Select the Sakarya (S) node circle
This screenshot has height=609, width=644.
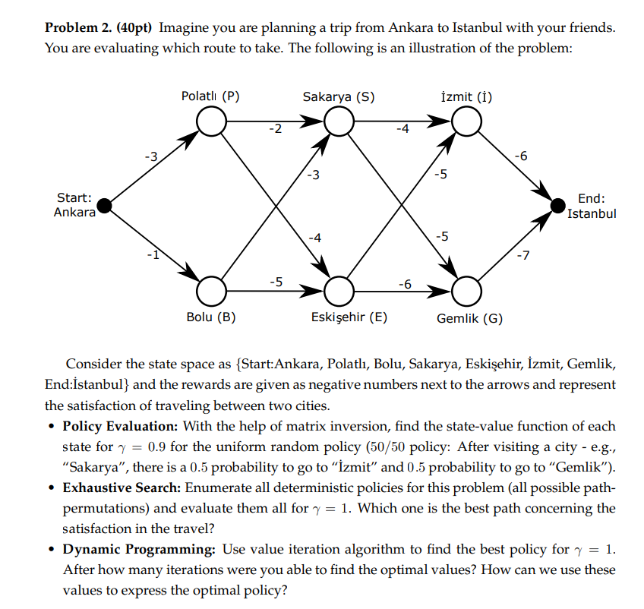click(x=339, y=120)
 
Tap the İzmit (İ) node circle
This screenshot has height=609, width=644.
click(x=467, y=120)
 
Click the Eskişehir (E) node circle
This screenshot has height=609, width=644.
click(x=339, y=289)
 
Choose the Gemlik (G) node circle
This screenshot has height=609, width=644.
click(x=467, y=289)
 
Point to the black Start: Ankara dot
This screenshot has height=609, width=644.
click(x=106, y=205)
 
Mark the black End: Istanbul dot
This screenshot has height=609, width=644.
click(x=558, y=204)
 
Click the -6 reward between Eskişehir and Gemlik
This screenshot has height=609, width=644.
click(x=405, y=283)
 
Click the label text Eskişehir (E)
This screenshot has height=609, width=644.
click(x=349, y=317)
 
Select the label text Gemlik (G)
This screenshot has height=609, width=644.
click(x=469, y=318)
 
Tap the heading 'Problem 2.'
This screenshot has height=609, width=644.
click(x=76, y=28)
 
